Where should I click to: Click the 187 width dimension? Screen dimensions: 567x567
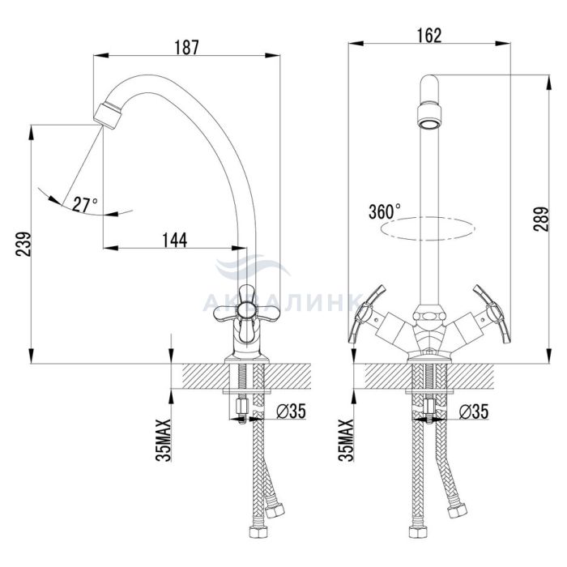click(186, 47)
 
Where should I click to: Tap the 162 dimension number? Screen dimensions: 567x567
click(429, 36)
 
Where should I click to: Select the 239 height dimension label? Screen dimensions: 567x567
click(23, 244)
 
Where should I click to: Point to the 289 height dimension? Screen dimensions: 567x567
click(540, 220)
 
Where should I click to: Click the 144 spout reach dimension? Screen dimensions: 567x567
click(175, 240)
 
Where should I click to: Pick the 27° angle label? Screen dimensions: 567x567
click(85, 205)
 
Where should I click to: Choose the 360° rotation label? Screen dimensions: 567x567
click(385, 211)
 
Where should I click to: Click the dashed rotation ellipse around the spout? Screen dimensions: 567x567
click(428, 228)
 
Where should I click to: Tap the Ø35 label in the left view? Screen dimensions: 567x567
click(291, 411)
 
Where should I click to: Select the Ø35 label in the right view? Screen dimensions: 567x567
click(474, 411)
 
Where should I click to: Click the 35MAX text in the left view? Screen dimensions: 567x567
click(163, 441)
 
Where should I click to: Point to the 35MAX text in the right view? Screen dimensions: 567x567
click(346, 441)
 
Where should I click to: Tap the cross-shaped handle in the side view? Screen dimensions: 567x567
click(246, 312)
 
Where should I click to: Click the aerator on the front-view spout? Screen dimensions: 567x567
click(429, 115)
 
